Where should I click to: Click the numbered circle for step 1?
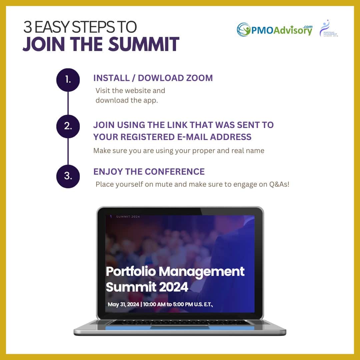68,80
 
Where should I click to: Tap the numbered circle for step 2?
68,126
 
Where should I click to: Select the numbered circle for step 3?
68,176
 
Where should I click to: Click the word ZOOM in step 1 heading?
199,78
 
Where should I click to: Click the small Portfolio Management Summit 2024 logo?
329,28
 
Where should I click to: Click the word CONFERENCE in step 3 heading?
175,172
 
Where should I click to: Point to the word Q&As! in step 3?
279,184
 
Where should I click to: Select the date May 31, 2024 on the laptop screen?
123,304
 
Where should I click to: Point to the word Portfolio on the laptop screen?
131,272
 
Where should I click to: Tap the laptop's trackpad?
180,327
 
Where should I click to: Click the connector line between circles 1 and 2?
68,103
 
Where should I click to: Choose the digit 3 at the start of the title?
28,27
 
